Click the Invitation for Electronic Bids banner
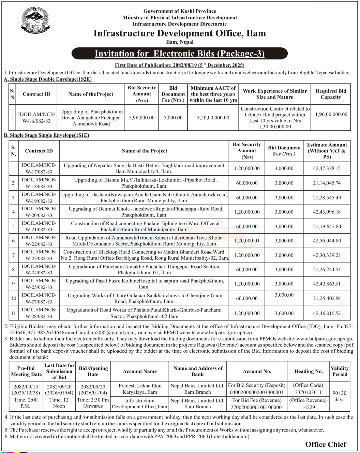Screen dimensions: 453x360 click(x=180, y=54)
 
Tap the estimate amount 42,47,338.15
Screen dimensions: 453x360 click(x=327, y=169)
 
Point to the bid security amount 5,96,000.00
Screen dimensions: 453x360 click(x=141, y=118)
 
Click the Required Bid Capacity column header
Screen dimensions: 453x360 click(x=330, y=94)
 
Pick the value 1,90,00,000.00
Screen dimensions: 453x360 click(x=331, y=115)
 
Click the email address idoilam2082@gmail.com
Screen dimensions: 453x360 click(x=107, y=333)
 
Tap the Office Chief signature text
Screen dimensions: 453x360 click(x=326, y=444)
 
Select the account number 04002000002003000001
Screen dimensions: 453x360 click(x=256, y=392)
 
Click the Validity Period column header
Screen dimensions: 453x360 click(x=339, y=371)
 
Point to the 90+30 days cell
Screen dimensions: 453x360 click(x=339, y=396)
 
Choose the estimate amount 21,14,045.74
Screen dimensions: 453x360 click(x=327, y=183)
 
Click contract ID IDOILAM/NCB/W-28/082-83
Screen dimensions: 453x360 click(x=39, y=313)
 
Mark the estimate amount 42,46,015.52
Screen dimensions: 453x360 click(x=327, y=313)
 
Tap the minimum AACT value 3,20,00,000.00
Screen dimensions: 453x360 click(x=213, y=118)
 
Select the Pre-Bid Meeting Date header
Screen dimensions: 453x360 click(x=26, y=371)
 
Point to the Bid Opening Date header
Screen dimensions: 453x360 click(x=93, y=371)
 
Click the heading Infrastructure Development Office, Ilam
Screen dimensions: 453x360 click(x=180, y=33)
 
